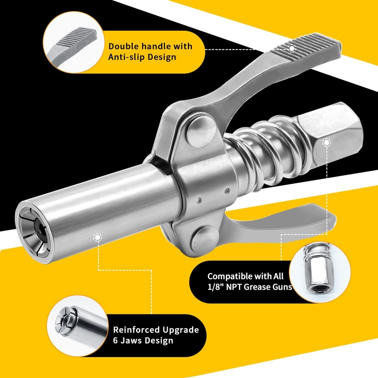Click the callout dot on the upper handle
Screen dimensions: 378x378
tap(291, 48)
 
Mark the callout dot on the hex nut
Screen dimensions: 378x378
tap(326, 142)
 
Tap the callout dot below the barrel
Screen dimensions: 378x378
tap(98, 237)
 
